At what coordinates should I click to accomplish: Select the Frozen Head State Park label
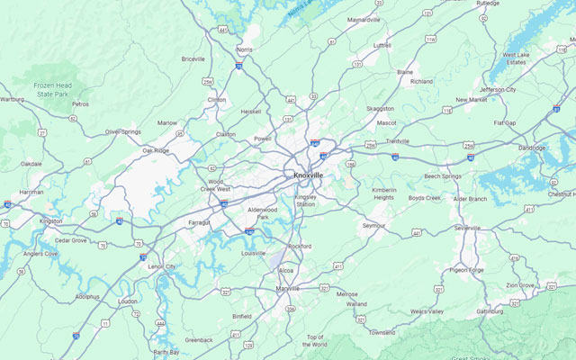52,89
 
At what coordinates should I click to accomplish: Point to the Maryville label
288,288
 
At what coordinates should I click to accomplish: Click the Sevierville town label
467,228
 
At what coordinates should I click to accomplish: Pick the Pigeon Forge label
466,269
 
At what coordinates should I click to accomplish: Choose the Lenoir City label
161,266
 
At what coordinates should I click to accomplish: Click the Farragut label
199,221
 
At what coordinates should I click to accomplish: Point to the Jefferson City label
498,90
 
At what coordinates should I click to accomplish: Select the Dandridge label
532,148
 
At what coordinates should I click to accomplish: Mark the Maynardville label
364,19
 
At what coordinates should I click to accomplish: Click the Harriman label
31,192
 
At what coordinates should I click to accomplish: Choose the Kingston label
51,220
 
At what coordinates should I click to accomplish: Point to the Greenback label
199,340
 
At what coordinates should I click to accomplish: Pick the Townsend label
382,332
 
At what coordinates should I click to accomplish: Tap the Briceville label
193,59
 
